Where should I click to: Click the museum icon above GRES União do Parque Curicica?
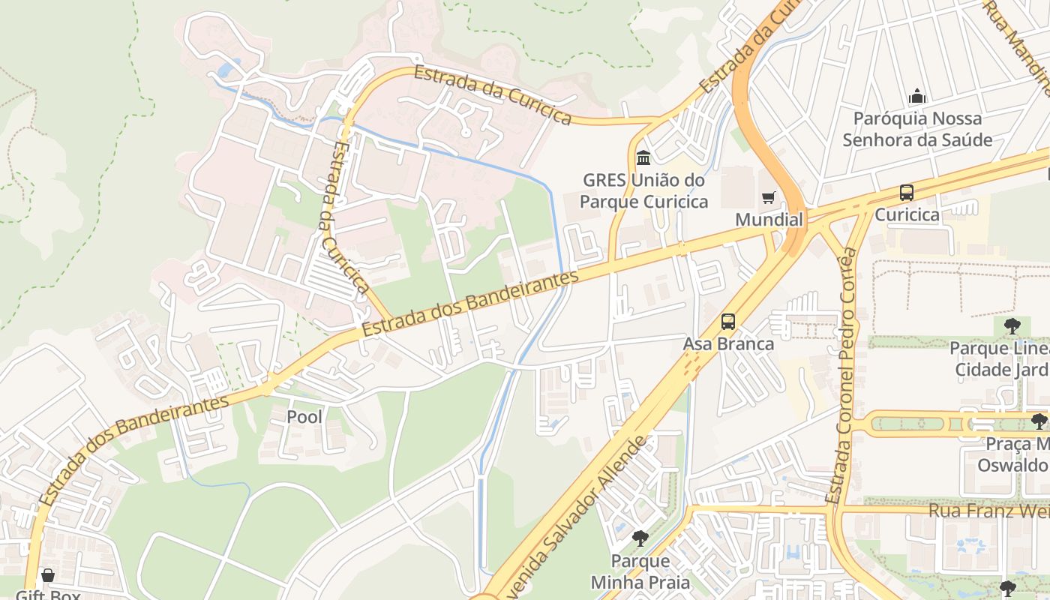[x=643, y=158]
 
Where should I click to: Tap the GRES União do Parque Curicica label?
[x=643, y=191]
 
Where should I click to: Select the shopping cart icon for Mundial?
[x=768, y=198]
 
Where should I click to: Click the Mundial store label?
[x=769, y=220]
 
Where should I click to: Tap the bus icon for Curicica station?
[x=907, y=193]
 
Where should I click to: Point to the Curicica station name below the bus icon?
[x=907, y=214]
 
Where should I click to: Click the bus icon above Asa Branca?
[x=727, y=322]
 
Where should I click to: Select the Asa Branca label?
[x=727, y=343]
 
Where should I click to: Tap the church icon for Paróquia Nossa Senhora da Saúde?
[x=916, y=97]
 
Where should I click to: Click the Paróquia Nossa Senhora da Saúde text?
[x=916, y=129]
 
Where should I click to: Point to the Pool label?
[x=304, y=416]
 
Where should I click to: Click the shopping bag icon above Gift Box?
[x=48, y=575]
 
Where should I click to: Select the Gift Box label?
[x=48, y=594]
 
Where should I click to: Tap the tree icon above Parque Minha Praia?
[x=640, y=538]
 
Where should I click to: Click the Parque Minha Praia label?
[x=640, y=571]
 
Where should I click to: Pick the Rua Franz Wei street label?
[x=988, y=511]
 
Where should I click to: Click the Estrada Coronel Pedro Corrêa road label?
[x=841, y=375]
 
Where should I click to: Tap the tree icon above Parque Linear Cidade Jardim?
[x=1012, y=325]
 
